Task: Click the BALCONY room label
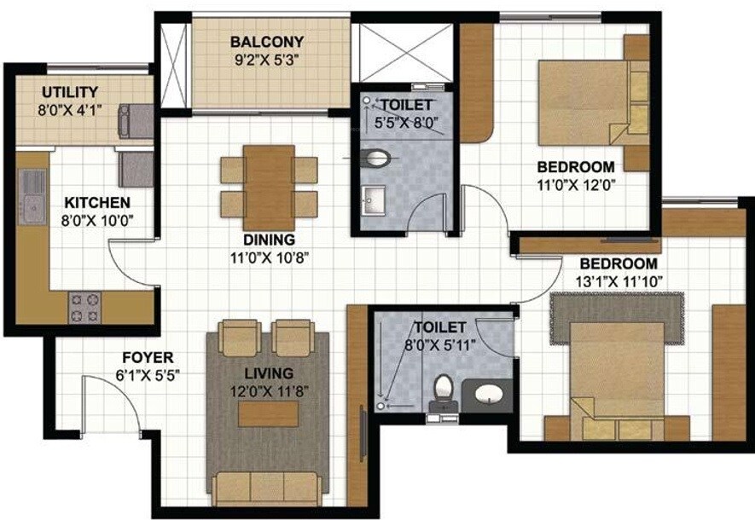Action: [x=267, y=42]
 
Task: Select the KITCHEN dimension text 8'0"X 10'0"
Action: [x=98, y=220]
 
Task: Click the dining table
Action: [x=269, y=181]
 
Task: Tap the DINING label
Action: [x=268, y=240]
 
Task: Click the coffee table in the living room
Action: [x=269, y=413]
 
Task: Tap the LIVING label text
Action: [x=269, y=373]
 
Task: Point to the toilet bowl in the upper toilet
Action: [x=376, y=158]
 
